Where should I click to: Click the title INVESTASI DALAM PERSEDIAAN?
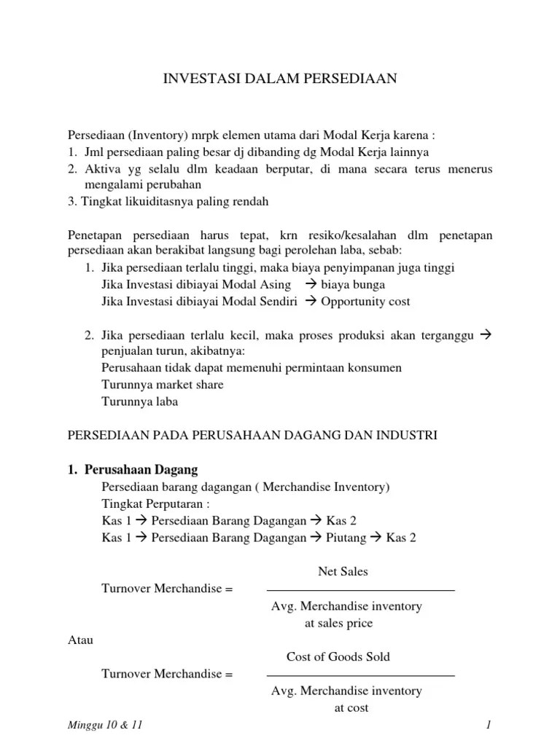279,79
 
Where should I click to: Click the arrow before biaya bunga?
310,284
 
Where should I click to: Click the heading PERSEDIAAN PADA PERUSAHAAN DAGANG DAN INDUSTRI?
252,436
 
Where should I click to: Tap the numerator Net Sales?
343,572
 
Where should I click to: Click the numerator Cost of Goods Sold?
338,656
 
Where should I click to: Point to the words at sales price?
339,623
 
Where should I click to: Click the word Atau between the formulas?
80,640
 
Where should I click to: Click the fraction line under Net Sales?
361,589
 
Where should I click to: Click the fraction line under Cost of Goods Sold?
361,675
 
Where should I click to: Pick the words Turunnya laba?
140,401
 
